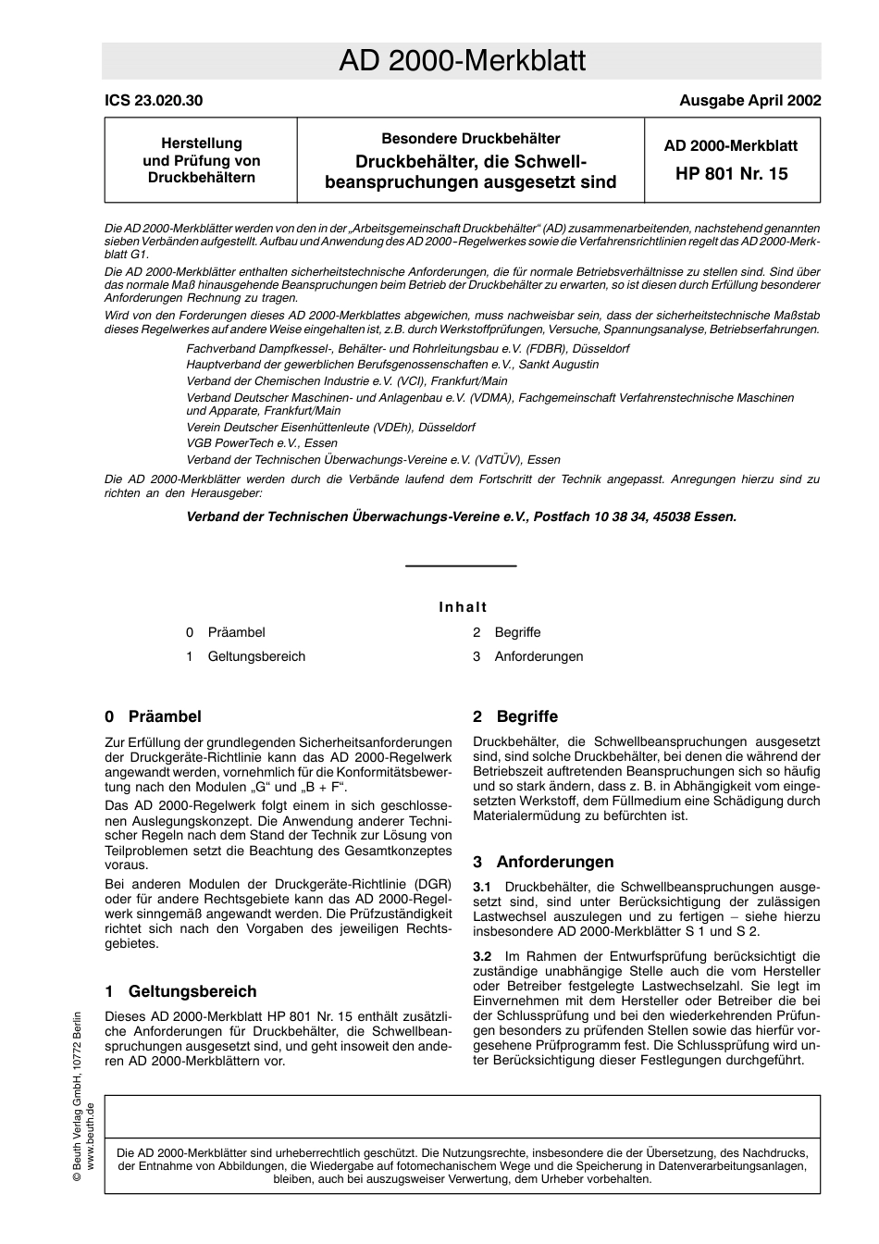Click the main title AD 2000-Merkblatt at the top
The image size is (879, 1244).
(462, 61)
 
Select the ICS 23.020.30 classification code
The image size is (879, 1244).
(154, 101)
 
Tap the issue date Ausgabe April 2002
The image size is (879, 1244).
(749, 101)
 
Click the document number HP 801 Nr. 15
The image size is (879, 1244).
(731, 173)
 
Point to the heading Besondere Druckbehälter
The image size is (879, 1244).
(470, 139)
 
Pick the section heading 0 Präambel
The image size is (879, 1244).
(153, 716)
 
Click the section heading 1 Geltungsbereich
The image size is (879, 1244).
(180, 991)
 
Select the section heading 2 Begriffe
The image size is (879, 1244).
(515, 716)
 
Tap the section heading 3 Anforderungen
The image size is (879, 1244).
(543, 862)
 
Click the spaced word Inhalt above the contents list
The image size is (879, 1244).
(463, 607)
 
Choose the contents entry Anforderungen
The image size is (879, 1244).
(539, 656)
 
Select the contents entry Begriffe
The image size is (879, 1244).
(517, 632)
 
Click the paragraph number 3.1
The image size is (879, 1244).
(482, 887)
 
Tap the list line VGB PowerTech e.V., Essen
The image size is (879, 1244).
(262, 443)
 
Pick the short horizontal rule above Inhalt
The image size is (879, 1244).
(461, 566)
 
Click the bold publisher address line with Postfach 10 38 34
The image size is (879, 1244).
(462, 516)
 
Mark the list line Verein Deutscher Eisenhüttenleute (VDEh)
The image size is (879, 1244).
(330, 428)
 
